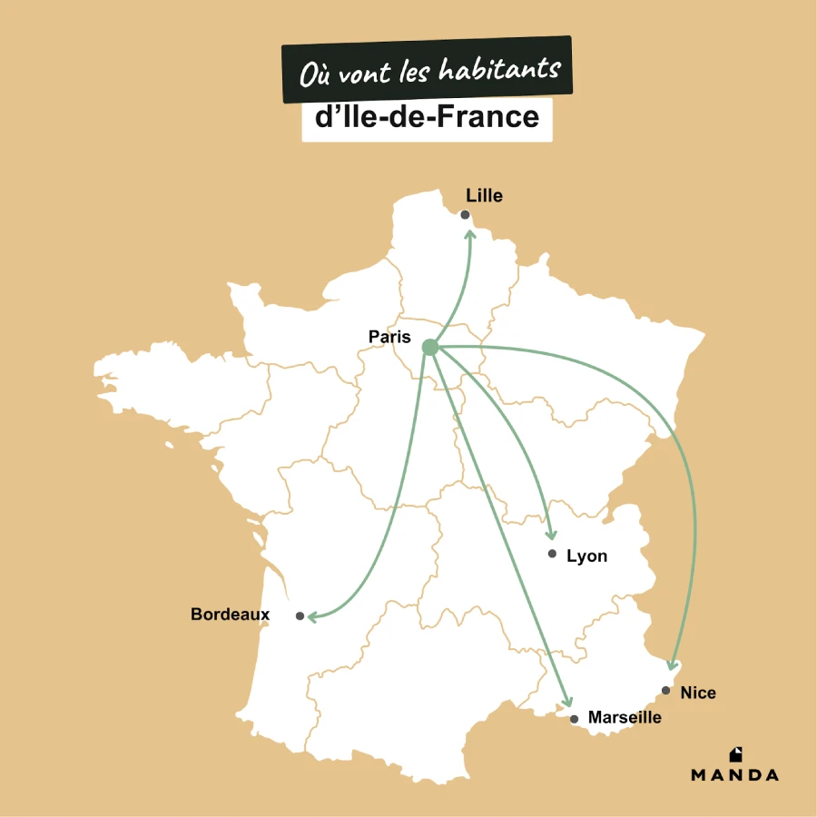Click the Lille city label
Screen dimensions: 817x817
pos(484,195)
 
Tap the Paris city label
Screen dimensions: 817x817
pos(389,337)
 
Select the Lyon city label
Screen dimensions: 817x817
pos(586,556)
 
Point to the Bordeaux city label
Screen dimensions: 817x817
pos(230,615)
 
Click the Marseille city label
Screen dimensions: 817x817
pos(625,717)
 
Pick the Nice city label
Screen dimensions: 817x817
pos(698,693)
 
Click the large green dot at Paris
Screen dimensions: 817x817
pos(430,347)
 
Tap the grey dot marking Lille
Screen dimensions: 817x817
pos(465,215)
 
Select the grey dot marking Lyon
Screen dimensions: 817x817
pos(552,554)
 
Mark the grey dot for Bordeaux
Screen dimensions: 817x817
pos(300,615)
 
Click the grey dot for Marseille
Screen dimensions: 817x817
pos(574,719)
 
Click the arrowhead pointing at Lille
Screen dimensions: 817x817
pos(470,232)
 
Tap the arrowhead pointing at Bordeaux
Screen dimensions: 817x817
pos(311,617)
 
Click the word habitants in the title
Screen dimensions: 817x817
pos(499,70)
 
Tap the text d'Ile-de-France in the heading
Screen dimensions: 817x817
pos(427,117)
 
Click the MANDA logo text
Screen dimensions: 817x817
pos(734,775)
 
